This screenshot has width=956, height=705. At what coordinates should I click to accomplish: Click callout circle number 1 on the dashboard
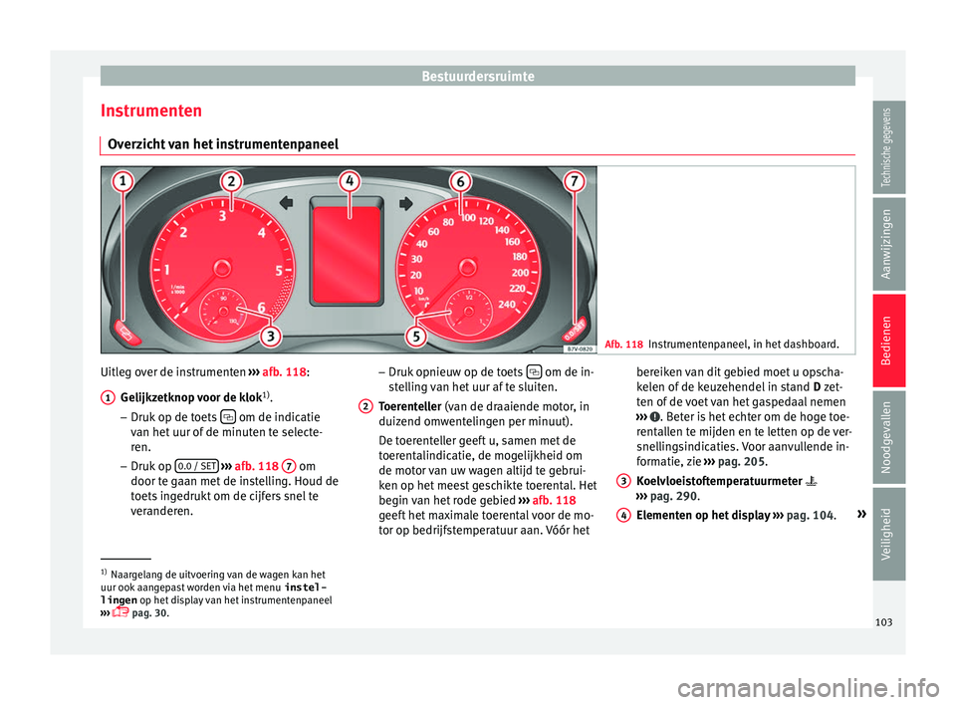click(123, 184)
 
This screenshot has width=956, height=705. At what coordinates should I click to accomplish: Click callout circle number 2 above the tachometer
click(231, 182)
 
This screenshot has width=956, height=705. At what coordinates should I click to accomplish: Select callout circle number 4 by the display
click(349, 182)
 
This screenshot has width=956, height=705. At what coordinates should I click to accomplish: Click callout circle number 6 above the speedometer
click(461, 182)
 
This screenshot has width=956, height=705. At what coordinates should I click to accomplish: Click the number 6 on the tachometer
click(261, 308)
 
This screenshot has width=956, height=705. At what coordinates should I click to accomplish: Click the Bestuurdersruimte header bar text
click(477, 76)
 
